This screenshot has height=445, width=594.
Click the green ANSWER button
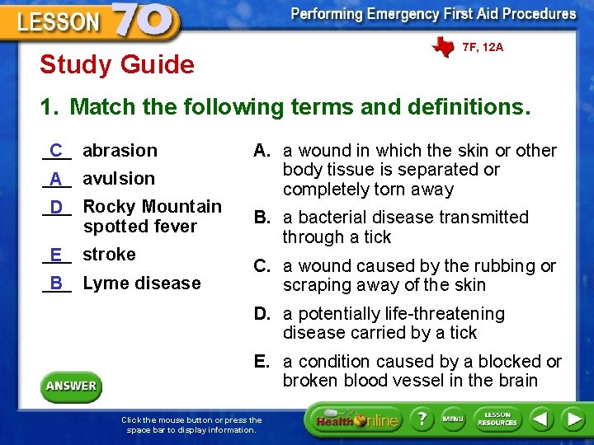71,386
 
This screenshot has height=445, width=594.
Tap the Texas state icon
442,47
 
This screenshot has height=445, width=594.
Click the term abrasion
120,150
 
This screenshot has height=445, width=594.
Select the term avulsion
119,178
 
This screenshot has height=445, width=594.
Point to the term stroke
109,254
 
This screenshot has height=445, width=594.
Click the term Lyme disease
142,283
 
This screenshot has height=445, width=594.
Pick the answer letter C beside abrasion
56,151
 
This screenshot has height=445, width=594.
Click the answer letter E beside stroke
56,255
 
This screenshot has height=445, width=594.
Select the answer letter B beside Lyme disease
56,283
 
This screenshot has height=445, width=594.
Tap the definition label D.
262,314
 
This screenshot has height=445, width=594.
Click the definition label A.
262,151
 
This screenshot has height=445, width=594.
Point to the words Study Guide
117,64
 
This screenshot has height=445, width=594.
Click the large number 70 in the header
144,21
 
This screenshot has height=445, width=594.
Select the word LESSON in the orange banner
58,21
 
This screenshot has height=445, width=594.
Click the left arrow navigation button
540,419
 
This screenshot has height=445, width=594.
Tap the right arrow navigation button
573,419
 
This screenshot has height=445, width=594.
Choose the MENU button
453,419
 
